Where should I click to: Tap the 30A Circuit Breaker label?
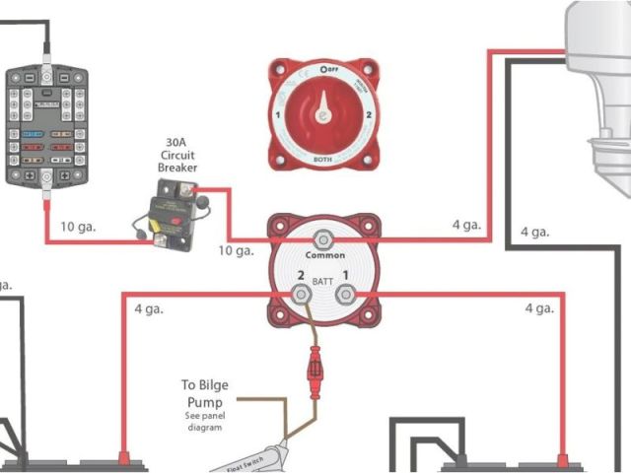click(177, 155)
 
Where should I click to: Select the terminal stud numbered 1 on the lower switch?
click(345, 294)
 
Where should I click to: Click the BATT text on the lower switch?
click(322, 282)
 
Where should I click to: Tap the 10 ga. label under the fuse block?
click(77, 226)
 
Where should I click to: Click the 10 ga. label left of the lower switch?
click(237, 250)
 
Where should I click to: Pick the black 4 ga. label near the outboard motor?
click(535, 232)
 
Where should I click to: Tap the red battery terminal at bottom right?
click(564, 458)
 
